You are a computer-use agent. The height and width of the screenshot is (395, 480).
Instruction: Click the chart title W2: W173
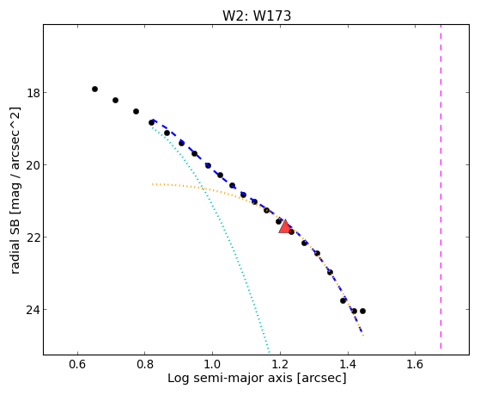point(257,15)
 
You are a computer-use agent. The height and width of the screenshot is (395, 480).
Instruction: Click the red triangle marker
point(285,227)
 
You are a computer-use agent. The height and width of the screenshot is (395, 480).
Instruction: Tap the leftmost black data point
point(95,89)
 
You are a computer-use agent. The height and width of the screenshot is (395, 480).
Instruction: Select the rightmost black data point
point(362,311)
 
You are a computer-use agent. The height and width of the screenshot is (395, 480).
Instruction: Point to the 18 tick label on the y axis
point(33,93)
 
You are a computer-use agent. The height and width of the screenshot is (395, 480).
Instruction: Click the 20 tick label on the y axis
point(33,165)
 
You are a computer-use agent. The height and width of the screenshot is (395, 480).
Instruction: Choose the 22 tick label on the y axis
point(33,238)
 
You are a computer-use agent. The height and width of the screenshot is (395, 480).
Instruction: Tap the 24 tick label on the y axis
point(33,310)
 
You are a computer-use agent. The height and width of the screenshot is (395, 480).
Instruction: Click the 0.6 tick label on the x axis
point(77,364)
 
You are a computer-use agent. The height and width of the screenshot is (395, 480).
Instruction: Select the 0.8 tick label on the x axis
point(145,364)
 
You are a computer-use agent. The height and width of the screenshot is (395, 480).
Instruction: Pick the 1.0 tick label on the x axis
point(212,364)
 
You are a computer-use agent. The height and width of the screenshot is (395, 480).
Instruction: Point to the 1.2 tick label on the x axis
point(280,364)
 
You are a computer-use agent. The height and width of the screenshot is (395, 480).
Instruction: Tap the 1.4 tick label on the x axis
point(347,364)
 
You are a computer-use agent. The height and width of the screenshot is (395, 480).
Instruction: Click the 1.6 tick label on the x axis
point(415,364)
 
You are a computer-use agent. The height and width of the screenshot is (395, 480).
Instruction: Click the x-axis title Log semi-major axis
point(230,378)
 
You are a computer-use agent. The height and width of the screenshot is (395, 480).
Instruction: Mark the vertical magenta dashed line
point(441,187)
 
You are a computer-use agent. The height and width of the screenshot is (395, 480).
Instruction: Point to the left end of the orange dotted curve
point(153,184)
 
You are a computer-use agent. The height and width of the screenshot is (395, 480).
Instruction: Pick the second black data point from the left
point(115,100)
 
